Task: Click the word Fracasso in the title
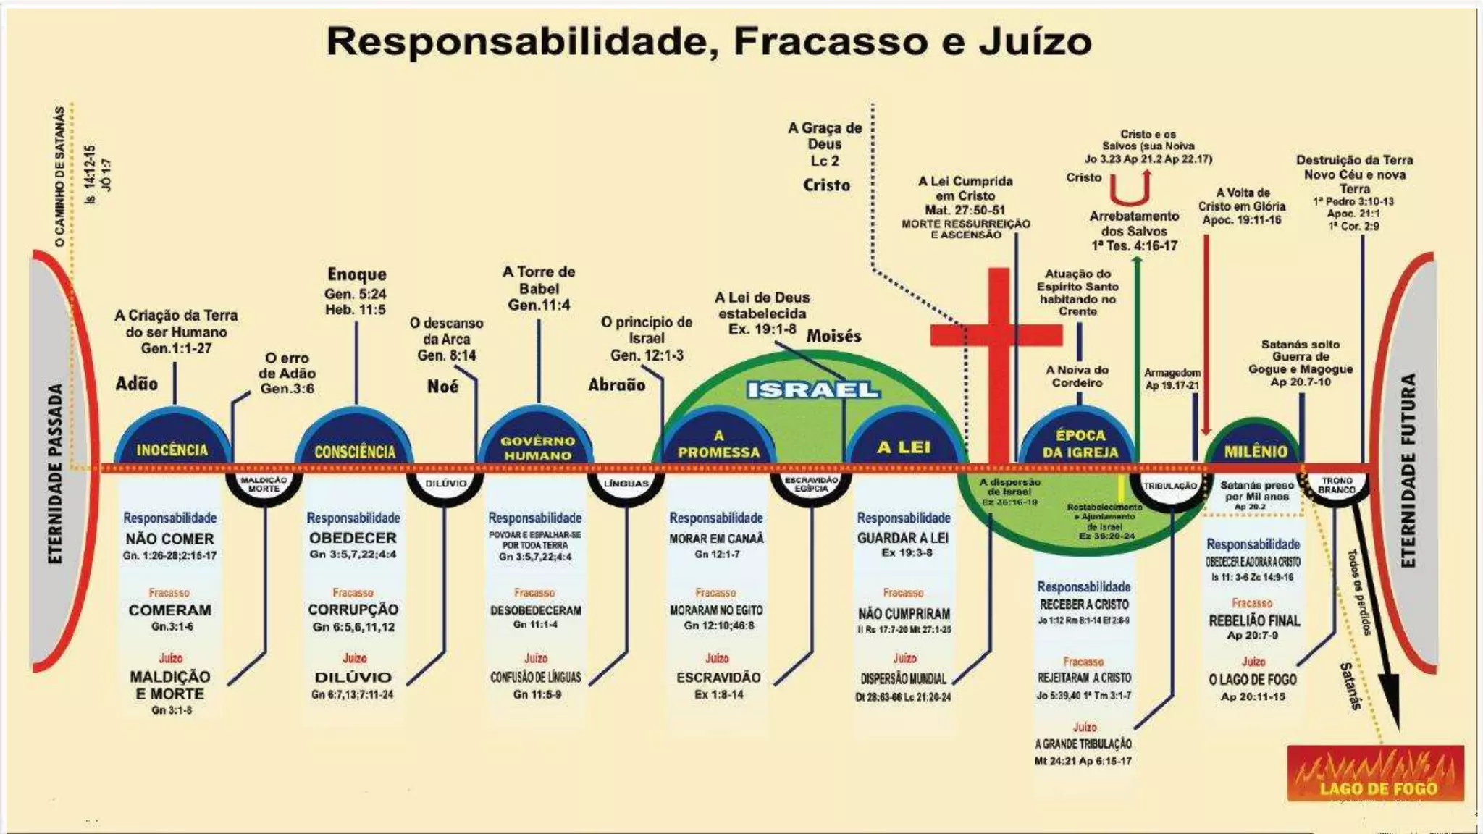[x=830, y=41]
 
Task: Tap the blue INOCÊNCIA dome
[x=172, y=442]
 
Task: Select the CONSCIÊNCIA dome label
[x=355, y=452]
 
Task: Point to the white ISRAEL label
[x=813, y=389]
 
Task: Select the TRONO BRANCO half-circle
[x=1337, y=486]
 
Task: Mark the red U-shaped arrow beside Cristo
[x=1130, y=188]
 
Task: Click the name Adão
[x=137, y=383]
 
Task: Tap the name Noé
[x=442, y=386]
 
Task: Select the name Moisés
[x=833, y=336]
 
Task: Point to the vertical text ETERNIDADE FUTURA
[x=1408, y=471]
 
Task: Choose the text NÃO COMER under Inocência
[x=169, y=539]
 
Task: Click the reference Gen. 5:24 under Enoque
[x=356, y=294]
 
